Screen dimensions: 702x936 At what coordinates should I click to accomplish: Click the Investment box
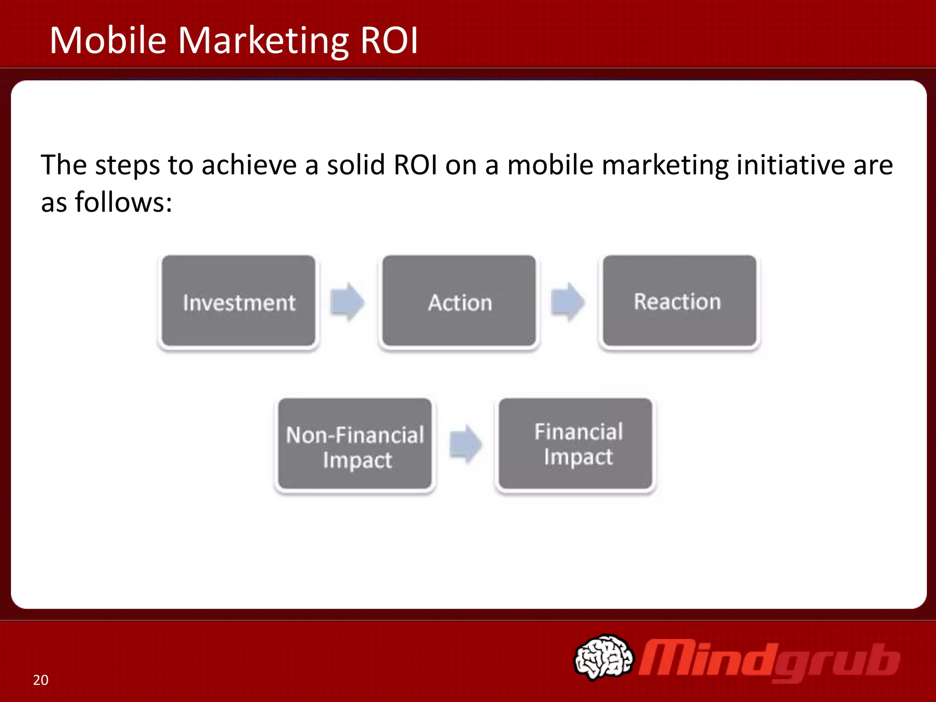click(x=239, y=301)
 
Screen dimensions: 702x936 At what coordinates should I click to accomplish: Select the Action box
click(x=459, y=301)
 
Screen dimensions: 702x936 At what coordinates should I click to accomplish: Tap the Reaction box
click(x=679, y=301)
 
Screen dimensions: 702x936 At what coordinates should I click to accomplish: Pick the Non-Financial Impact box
click(x=355, y=445)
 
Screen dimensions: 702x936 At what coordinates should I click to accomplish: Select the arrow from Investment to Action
click(x=347, y=302)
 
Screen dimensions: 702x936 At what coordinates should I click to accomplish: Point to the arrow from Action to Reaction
click(x=568, y=302)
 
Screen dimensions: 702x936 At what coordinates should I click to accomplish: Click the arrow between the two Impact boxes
click(x=466, y=444)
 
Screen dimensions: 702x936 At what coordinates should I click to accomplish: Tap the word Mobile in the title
click(x=108, y=40)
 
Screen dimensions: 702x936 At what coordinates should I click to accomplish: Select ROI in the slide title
click(x=389, y=40)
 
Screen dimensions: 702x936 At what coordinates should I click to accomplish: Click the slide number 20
click(x=41, y=680)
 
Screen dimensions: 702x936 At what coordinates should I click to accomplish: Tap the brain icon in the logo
click(x=604, y=657)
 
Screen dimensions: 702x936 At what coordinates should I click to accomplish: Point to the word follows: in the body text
click(x=123, y=202)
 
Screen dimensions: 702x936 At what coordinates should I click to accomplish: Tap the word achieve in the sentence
click(x=249, y=165)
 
